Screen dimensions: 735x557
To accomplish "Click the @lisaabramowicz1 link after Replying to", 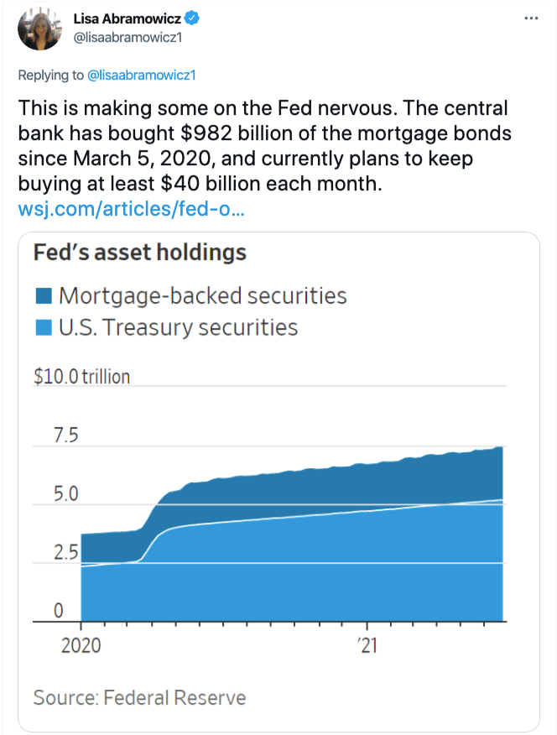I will tap(141, 76).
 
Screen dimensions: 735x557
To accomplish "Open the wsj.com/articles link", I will tap(132, 208).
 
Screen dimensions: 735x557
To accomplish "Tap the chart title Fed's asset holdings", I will tap(140, 252).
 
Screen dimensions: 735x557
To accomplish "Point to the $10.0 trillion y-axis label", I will tap(81, 377).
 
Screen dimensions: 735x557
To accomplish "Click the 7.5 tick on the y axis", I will tap(66, 435).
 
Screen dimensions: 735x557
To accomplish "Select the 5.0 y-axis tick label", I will tap(65, 494).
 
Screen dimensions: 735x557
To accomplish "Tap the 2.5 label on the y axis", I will tap(65, 553).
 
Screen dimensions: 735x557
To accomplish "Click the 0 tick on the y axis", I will tap(58, 611).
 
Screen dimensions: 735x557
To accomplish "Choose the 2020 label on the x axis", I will tap(82, 645).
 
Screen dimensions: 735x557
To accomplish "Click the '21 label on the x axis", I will tap(367, 645).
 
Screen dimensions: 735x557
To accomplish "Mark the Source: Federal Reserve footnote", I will tap(139, 697).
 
